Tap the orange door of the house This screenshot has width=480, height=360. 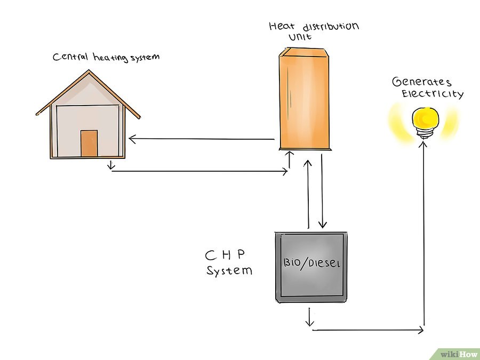pyautogui.click(x=89, y=143)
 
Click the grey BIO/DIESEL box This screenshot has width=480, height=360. pyautogui.click(x=311, y=267)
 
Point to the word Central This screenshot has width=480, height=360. pyautogui.click(x=70, y=57)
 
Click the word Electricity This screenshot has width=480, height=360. pyautogui.click(x=432, y=93)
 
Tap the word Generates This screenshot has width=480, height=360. pyautogui.click(x=421, y=82)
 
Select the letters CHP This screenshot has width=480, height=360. pyautogui.click(x=225, y=254)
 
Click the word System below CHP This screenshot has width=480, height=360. pyautogui.click(x=229, y=270)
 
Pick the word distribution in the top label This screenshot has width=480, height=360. pyautogui.click(x=331, y=27)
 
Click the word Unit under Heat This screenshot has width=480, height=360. pyautogui.click(x=300, y=37)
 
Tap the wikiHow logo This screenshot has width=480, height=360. pyautogui.click(x=458, y=354)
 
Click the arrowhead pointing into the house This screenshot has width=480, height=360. pyautogui.click(x=132, y=139)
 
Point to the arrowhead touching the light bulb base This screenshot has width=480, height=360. pyautogui.click(x=423, y=143)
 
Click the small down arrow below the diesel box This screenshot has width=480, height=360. pyautogui.click(x=309, y=317)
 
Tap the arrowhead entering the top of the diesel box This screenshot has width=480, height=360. pyautogui.click(x=322, y=226)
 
